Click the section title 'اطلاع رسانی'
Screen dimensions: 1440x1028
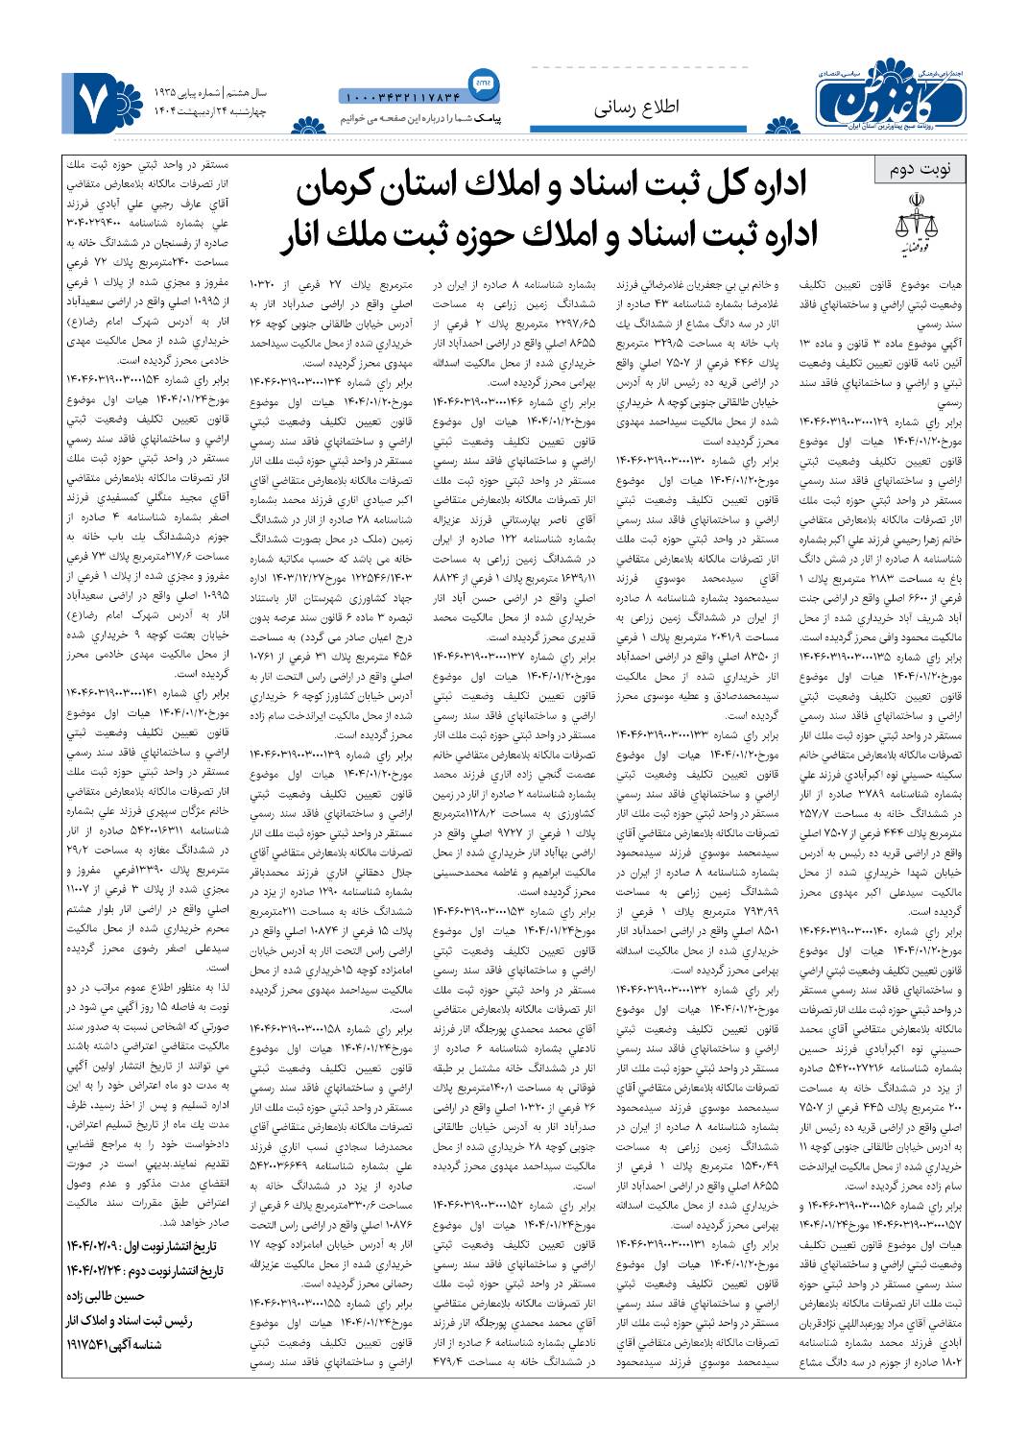pos(624,108)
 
